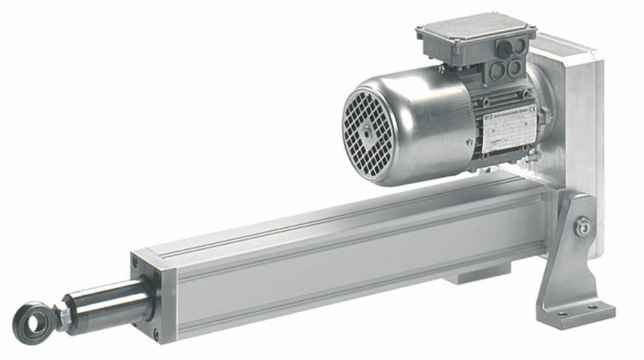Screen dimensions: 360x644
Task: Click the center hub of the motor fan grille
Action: (x=367, y=132)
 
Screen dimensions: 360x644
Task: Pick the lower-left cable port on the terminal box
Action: (x=497, y=71)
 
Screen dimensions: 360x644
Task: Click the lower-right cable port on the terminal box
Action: (x=515, y=67)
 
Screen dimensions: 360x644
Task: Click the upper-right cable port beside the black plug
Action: (x=519, y=45)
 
